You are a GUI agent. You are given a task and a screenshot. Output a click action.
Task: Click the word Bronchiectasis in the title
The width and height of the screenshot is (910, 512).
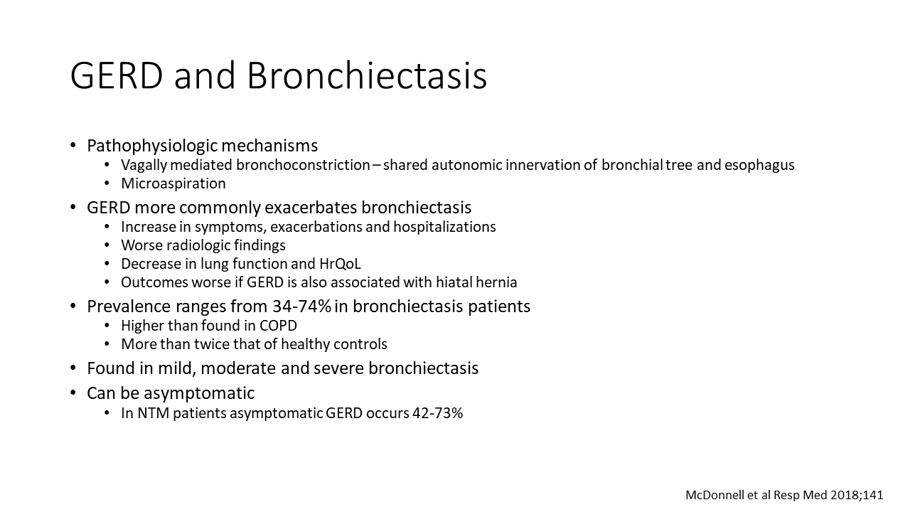point(367,75)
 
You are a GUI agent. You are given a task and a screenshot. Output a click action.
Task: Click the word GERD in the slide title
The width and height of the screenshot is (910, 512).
point(117,75)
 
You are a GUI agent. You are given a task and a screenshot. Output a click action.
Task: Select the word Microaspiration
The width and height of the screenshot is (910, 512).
point(173,183)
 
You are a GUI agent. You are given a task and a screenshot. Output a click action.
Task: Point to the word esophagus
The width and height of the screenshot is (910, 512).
point(759,166)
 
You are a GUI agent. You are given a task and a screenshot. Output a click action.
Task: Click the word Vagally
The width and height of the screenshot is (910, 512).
point(144,166)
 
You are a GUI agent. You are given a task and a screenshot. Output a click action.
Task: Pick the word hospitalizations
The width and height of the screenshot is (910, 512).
point(444,227)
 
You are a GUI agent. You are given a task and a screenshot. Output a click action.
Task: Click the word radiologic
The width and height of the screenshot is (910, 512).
point(192,245)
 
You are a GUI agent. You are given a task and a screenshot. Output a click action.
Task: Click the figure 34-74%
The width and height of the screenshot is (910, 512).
point(302,306)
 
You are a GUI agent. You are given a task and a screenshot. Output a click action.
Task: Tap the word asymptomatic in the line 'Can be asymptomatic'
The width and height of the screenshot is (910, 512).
point(199,393)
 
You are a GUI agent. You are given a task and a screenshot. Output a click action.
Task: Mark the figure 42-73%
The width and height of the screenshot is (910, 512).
point(437,413)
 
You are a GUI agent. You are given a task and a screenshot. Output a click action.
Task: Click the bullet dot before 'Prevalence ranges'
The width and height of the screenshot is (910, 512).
point(73,306)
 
